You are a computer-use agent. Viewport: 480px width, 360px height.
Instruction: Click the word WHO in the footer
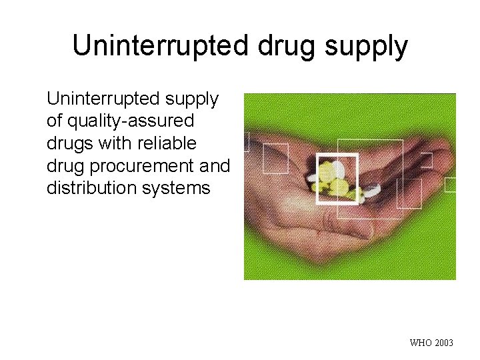(x=421, y=343)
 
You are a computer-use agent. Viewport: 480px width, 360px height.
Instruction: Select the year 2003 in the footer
(x=443, y=343)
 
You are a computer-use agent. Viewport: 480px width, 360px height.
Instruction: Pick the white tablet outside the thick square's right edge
(x=371, y=190)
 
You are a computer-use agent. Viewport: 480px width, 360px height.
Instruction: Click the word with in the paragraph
(x=105, y=143)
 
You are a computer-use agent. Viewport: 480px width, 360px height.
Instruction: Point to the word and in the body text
(x=215, y=165)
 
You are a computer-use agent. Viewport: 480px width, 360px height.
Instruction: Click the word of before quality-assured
(x=55, y=121)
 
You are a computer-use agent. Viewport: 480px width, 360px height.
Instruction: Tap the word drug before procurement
(x=64, y=166)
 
